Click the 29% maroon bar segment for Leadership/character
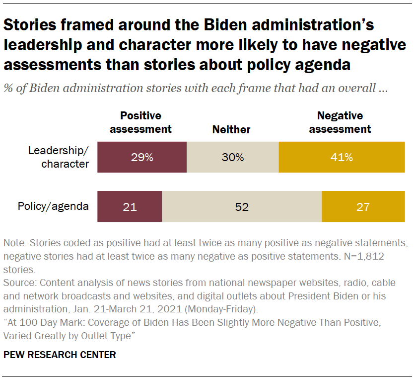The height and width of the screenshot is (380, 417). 142,157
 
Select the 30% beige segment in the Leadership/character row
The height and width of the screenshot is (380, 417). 232,157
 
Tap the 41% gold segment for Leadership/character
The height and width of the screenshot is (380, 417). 342,157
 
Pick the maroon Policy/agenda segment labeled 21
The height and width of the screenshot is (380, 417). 130,206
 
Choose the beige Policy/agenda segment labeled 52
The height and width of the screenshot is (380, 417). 242,206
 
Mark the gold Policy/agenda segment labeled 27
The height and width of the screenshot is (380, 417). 363,206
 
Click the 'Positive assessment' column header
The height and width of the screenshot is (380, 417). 140,122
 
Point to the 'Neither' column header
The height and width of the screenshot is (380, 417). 231,129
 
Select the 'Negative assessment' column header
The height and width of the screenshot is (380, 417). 340,122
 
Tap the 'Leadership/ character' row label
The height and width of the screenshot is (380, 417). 59,157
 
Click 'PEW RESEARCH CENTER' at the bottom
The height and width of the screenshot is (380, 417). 60,355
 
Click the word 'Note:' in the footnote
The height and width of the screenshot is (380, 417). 15,244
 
